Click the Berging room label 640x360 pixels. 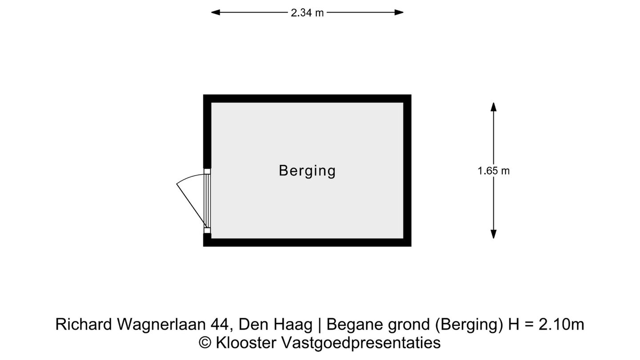(x=307, y=171)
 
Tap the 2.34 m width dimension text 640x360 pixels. (x=307, y=12)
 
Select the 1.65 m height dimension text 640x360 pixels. (x=493, y=171)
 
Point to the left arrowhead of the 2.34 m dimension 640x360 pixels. (x=216, y=12)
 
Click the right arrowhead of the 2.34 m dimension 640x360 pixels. (x=399, y=12)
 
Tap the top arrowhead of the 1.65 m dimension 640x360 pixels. (x=493, y=107)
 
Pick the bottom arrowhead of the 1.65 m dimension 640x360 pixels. (x=493, y=234)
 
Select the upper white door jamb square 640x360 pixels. (x=207, y=172)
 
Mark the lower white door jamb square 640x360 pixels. (x=207, y=231)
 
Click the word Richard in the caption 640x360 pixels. (x=84, y=324)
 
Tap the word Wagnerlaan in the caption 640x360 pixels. (x=161, y=324)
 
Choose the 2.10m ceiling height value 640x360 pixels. (x=561, y=324)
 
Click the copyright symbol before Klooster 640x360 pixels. (x=205, y=343)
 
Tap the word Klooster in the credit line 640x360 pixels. (x=246, y=343)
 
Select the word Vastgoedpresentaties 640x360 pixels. (x=361, y=343)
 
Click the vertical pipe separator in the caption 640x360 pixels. (x=320, y=325)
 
